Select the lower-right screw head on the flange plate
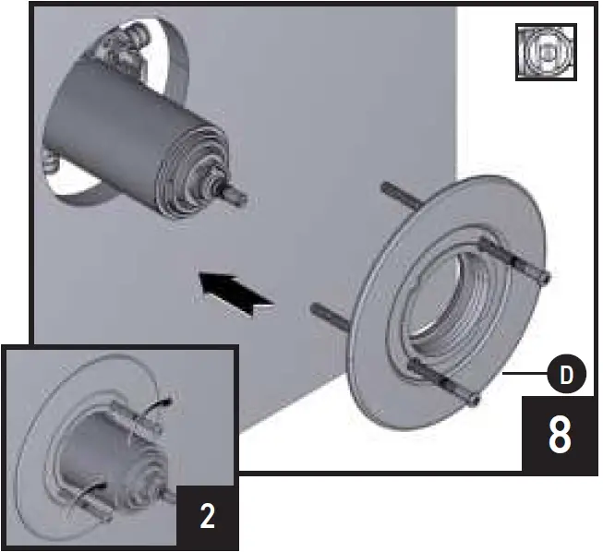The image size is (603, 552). pos(473,399)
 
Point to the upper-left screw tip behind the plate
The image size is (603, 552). pos(387,190)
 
